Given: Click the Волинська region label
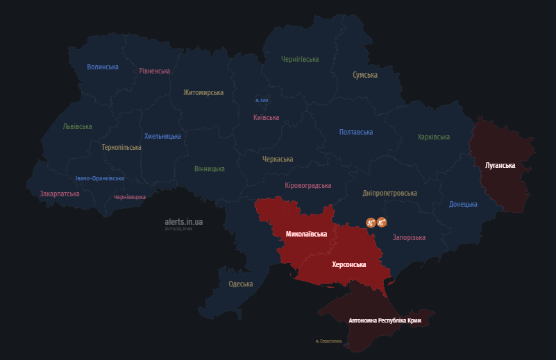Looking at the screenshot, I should coord(103,67).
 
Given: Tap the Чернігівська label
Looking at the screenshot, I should coord(300,60).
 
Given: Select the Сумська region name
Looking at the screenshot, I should coord(365,75).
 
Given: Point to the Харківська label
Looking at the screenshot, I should coord(434,137).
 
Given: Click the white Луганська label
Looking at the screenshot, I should coord(500,166).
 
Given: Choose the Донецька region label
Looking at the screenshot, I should coord(463,205).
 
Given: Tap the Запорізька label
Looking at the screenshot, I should coord(409,238).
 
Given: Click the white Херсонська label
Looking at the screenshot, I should coord(349,264).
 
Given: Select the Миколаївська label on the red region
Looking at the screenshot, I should coord(306,234).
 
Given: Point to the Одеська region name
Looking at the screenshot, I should coord(241,284).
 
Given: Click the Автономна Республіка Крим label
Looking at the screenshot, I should coord(385,321).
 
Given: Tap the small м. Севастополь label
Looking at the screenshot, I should coord(328,341).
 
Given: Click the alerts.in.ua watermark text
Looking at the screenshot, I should coord(184,222).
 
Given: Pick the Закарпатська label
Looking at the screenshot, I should coord(60,194).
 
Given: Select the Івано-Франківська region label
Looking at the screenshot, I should coord(100,178).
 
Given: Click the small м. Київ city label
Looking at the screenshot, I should coord(262,101).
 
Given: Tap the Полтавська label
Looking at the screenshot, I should coord(356,132).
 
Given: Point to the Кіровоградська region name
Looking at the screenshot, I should coord(308,186).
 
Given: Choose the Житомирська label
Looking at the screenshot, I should coord(203,92).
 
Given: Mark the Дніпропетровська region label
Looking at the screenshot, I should coord(390,193).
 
